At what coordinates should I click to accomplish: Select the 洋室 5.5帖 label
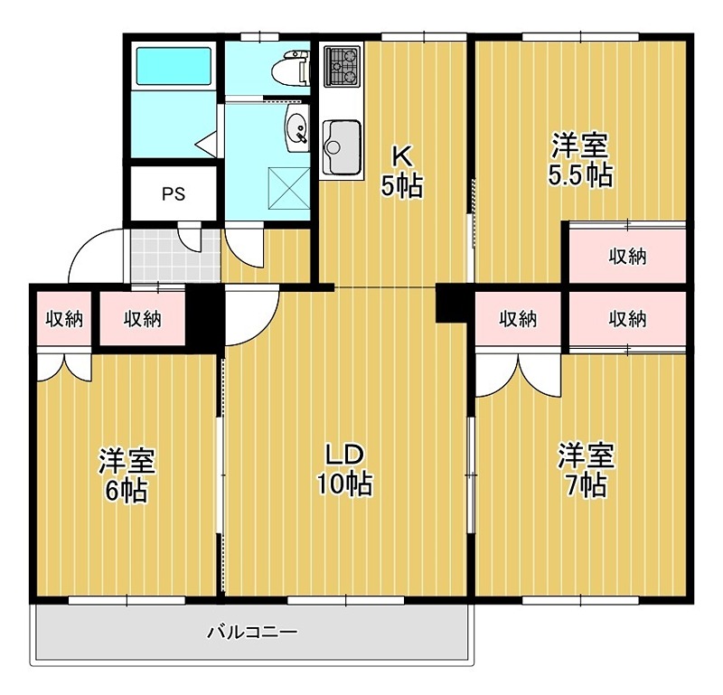tap(581, 159)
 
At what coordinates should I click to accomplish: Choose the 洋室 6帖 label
tap(126, 474)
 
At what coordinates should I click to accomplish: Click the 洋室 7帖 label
tap(585, 470)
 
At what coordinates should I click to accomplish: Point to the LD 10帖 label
tap(344, 468)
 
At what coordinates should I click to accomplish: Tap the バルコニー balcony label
tap(253, 632)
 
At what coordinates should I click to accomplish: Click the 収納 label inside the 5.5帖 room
tap(626, 256)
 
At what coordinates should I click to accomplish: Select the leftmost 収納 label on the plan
tap(63, 318)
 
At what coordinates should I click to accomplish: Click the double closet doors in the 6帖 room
tap(63, 365)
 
